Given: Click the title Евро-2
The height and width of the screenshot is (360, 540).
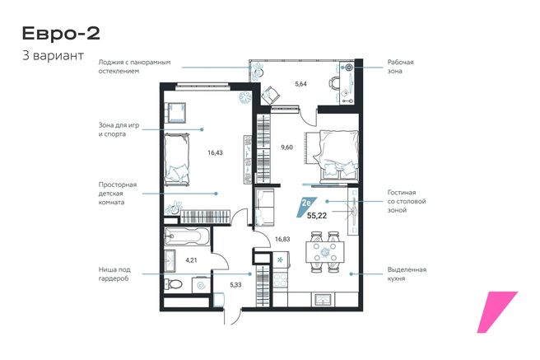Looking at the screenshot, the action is pyautogui.click(x=61, y=34).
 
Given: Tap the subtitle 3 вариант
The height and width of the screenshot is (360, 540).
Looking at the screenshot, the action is pyautogui.click(x=53, y=55).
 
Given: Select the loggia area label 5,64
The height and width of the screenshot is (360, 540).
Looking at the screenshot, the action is pyautogui.click(x=300, y=84).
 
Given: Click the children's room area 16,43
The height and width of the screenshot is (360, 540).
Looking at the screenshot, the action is pyautogui.click(x=215, y=152).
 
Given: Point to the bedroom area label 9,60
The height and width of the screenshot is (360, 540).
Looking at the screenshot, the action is pyautogui.click(x=286, y=147).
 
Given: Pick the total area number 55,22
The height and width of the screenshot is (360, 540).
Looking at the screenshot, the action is pyautogui.click(x=316, y=216).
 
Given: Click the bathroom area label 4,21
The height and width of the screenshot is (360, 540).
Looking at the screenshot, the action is pyautogui.click(x=191, y=260).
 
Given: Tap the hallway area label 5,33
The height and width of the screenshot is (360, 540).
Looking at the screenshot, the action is pyautogui.click(x=235, y=285).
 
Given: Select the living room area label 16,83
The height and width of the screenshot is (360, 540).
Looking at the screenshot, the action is pyautogui.click(x=282, y=239).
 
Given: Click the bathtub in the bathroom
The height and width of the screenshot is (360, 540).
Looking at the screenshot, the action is pyautogui.click(x=187, y=236).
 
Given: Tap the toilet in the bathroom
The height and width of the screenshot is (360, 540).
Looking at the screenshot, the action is pyautogui.click(x=173, y=284).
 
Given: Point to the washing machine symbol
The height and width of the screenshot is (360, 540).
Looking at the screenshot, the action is pyautogui.click(x=200, y=284).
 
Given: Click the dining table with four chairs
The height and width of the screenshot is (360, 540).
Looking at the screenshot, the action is pyautogui.click(x=325, y=252).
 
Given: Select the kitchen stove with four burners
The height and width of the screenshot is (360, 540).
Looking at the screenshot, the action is pyautogui.click(x=281, y=279).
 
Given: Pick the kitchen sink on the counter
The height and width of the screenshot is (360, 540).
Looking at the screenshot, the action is pyautogui.click(x=323, y=299).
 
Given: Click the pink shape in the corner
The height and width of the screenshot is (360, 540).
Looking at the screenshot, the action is pyautogui.click(x=497, y=312).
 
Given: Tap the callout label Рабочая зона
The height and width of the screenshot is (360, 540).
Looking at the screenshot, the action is pyautogui.click(x=400, y=67).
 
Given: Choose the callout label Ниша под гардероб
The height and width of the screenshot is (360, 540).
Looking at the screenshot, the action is pyautogui.click(x=114, y=274).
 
